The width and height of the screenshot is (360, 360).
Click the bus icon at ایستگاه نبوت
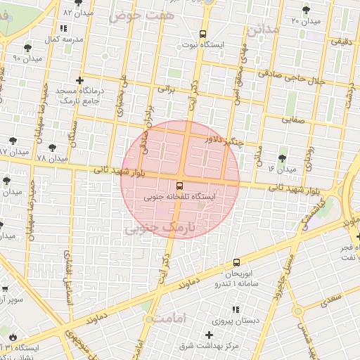click(203, 33)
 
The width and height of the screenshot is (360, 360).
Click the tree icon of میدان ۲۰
click(306, 10)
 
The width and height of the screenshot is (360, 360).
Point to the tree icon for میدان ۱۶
click(283, 157)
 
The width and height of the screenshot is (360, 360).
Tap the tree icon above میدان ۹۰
click(27, 49)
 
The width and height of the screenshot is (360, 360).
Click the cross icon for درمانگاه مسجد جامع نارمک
click(79, 80)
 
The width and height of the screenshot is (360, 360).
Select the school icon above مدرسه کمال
click(64, 28)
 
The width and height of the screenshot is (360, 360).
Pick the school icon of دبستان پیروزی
click(235, 309)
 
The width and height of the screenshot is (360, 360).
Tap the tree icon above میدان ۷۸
click(51, 148)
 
